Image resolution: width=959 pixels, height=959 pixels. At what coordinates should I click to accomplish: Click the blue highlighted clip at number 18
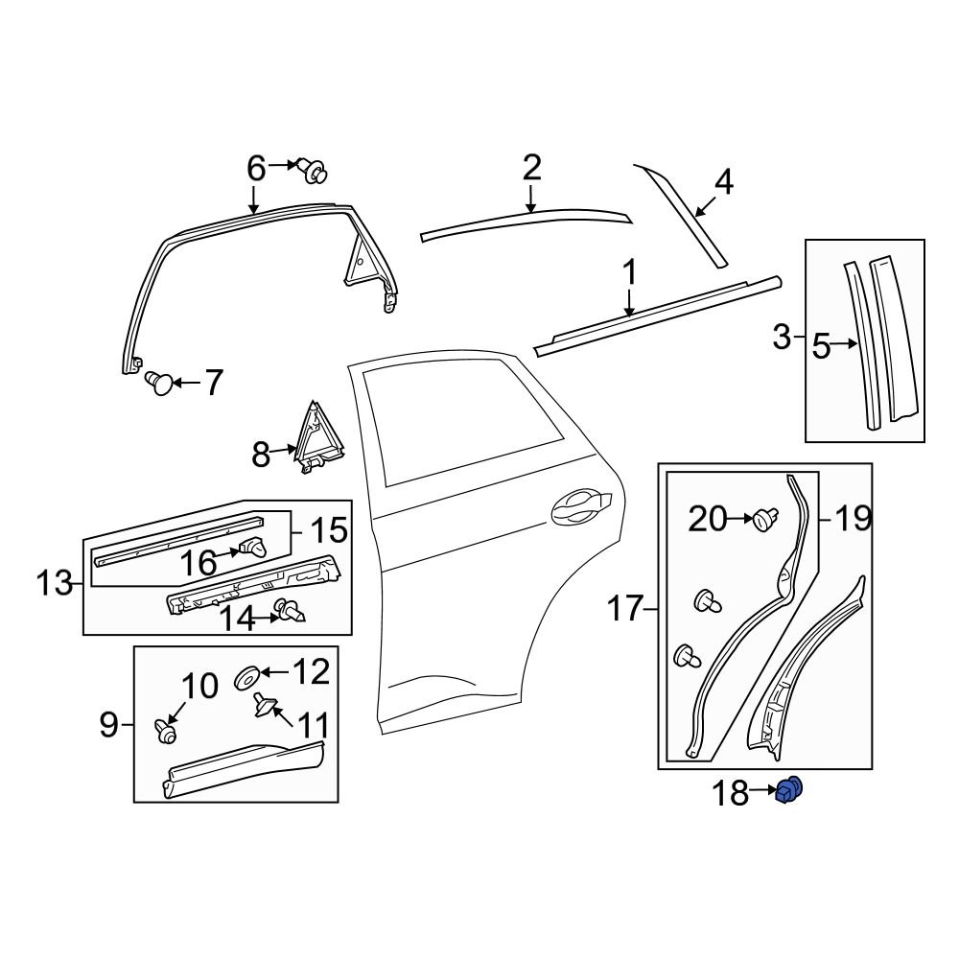coord(789,791)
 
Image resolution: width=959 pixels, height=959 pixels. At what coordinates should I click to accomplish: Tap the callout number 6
coord(256,169)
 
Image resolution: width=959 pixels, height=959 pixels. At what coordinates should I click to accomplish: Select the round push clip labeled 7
coord(160,384)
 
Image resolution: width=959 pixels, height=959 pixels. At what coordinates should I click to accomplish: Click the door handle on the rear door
coord(579,505)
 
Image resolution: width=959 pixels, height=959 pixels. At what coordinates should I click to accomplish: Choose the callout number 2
coord(532,169)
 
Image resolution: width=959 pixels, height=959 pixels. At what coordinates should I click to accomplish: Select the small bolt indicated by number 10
coord(166,732)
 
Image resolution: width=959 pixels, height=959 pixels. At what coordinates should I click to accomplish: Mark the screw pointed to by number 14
coord(288,610)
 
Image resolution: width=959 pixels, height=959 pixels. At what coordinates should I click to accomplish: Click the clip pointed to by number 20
coord(764,520)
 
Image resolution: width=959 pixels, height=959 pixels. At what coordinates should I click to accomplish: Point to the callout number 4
coord(724,181)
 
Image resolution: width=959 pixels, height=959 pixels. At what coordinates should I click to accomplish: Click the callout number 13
coord(56,581)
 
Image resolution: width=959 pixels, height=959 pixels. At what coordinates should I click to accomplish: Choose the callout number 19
coord(853,520)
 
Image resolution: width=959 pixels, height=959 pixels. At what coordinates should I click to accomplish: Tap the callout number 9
coord(108,725)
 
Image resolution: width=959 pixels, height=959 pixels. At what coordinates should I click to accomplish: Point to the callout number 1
coord(629,273)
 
